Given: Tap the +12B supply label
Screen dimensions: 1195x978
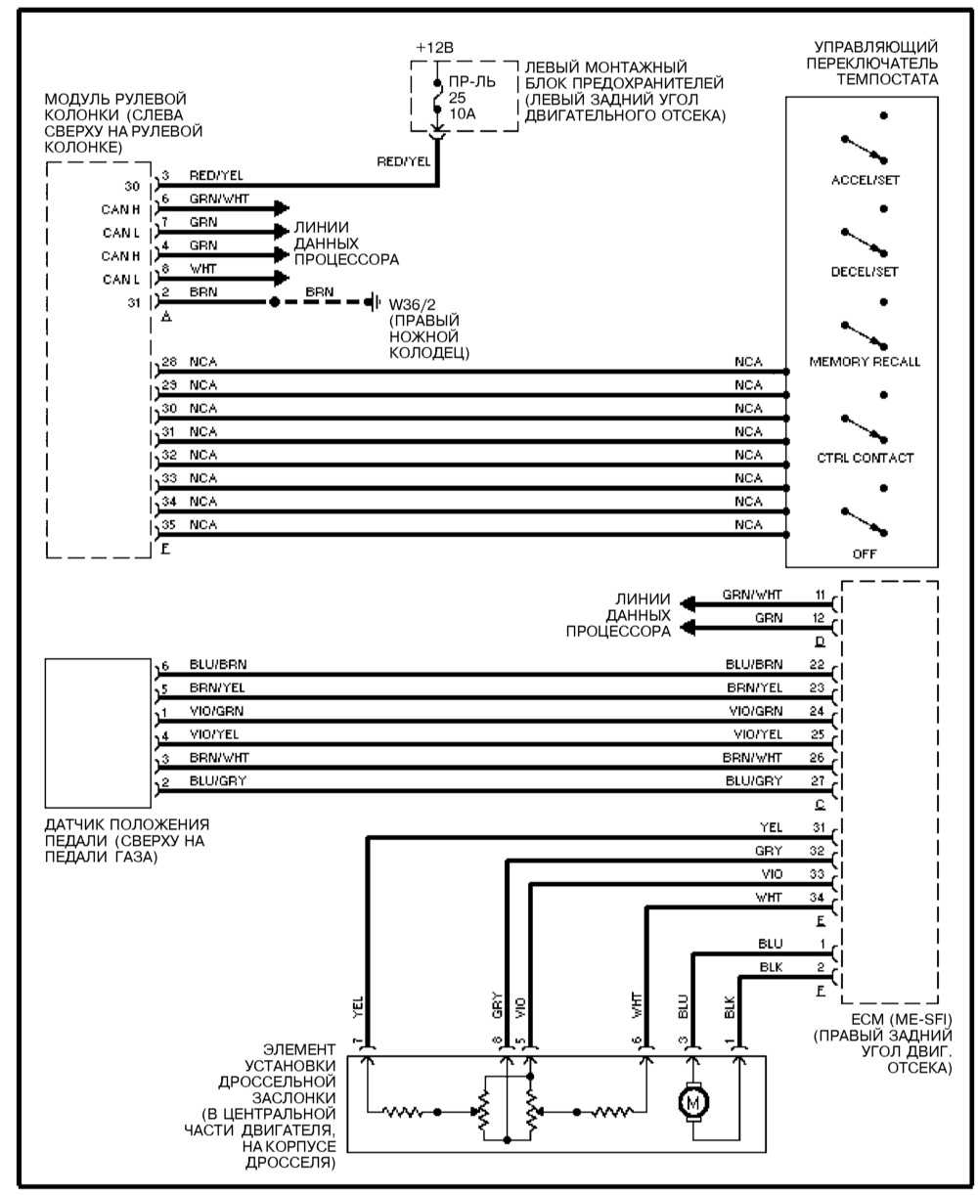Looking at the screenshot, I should click(x=435, y=47).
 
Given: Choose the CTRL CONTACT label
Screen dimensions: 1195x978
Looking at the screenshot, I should click(x=865, y=458).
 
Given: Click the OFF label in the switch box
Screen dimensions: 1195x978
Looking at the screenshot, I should click(x=864, y=553).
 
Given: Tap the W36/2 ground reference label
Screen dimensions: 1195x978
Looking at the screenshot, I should click(x=411, y=303).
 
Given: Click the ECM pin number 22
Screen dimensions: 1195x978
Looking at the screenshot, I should click(x=819, y=665).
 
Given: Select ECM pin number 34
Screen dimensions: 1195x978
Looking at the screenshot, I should click(x=819, y=898).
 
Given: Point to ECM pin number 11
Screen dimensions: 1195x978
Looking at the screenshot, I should click(x=819, y=594).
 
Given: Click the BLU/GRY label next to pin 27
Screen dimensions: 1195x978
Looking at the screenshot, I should click(x=753, y=780).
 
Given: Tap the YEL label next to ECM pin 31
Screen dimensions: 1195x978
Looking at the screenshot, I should click(x=771, y=827).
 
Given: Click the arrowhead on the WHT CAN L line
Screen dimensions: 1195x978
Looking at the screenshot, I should click(x=284, y=278).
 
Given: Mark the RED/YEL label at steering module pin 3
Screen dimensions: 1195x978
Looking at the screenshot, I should click(x=216, y=176).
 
